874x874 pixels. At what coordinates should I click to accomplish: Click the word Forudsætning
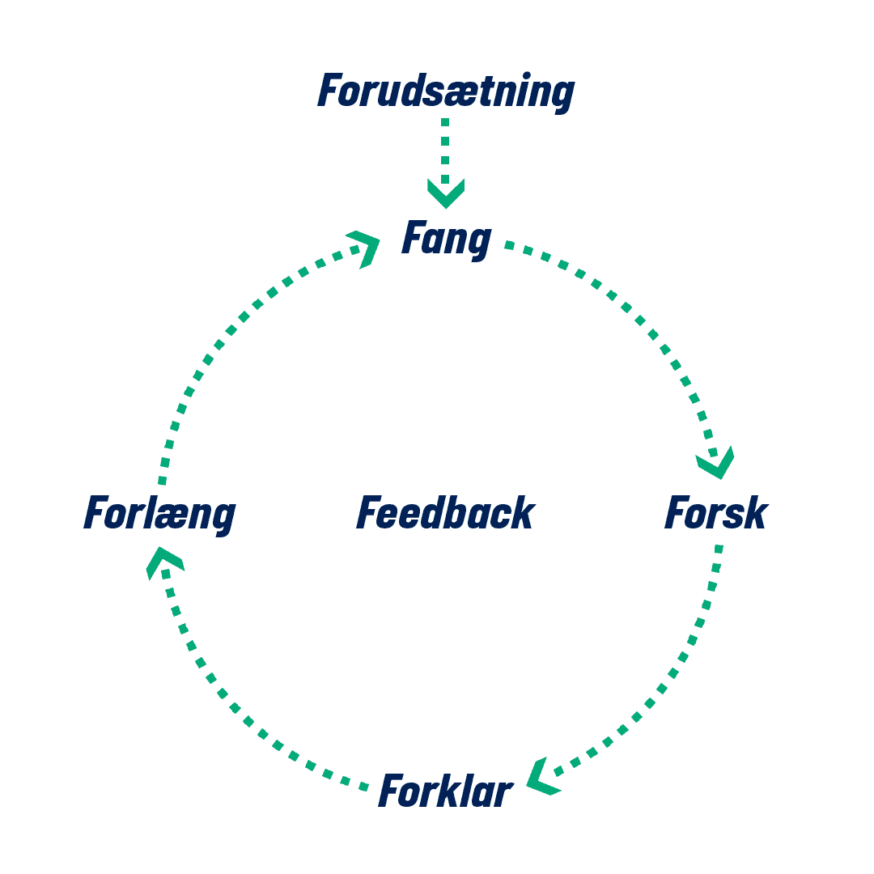pos(445,91)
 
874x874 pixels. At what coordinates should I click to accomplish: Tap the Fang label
pos(446,240)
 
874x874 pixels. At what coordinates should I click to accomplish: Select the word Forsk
pos(715,514)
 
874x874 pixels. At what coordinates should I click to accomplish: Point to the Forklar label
pos(445,791)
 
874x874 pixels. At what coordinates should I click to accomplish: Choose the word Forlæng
pos(159,514)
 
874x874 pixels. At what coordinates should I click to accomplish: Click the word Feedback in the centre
pos(445,514)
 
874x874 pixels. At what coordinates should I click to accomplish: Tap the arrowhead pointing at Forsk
pos(716,464)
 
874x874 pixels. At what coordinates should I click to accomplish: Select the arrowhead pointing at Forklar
pos(542,777)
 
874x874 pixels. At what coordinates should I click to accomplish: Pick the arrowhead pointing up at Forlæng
pos(164,561)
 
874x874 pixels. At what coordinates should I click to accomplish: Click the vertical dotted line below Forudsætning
pos(445,150)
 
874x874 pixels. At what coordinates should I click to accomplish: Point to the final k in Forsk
pos(754,514)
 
